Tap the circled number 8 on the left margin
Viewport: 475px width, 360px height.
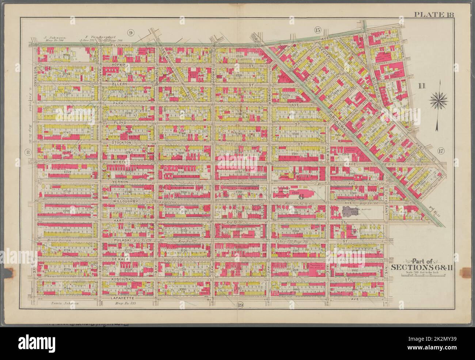click(27, 152)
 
